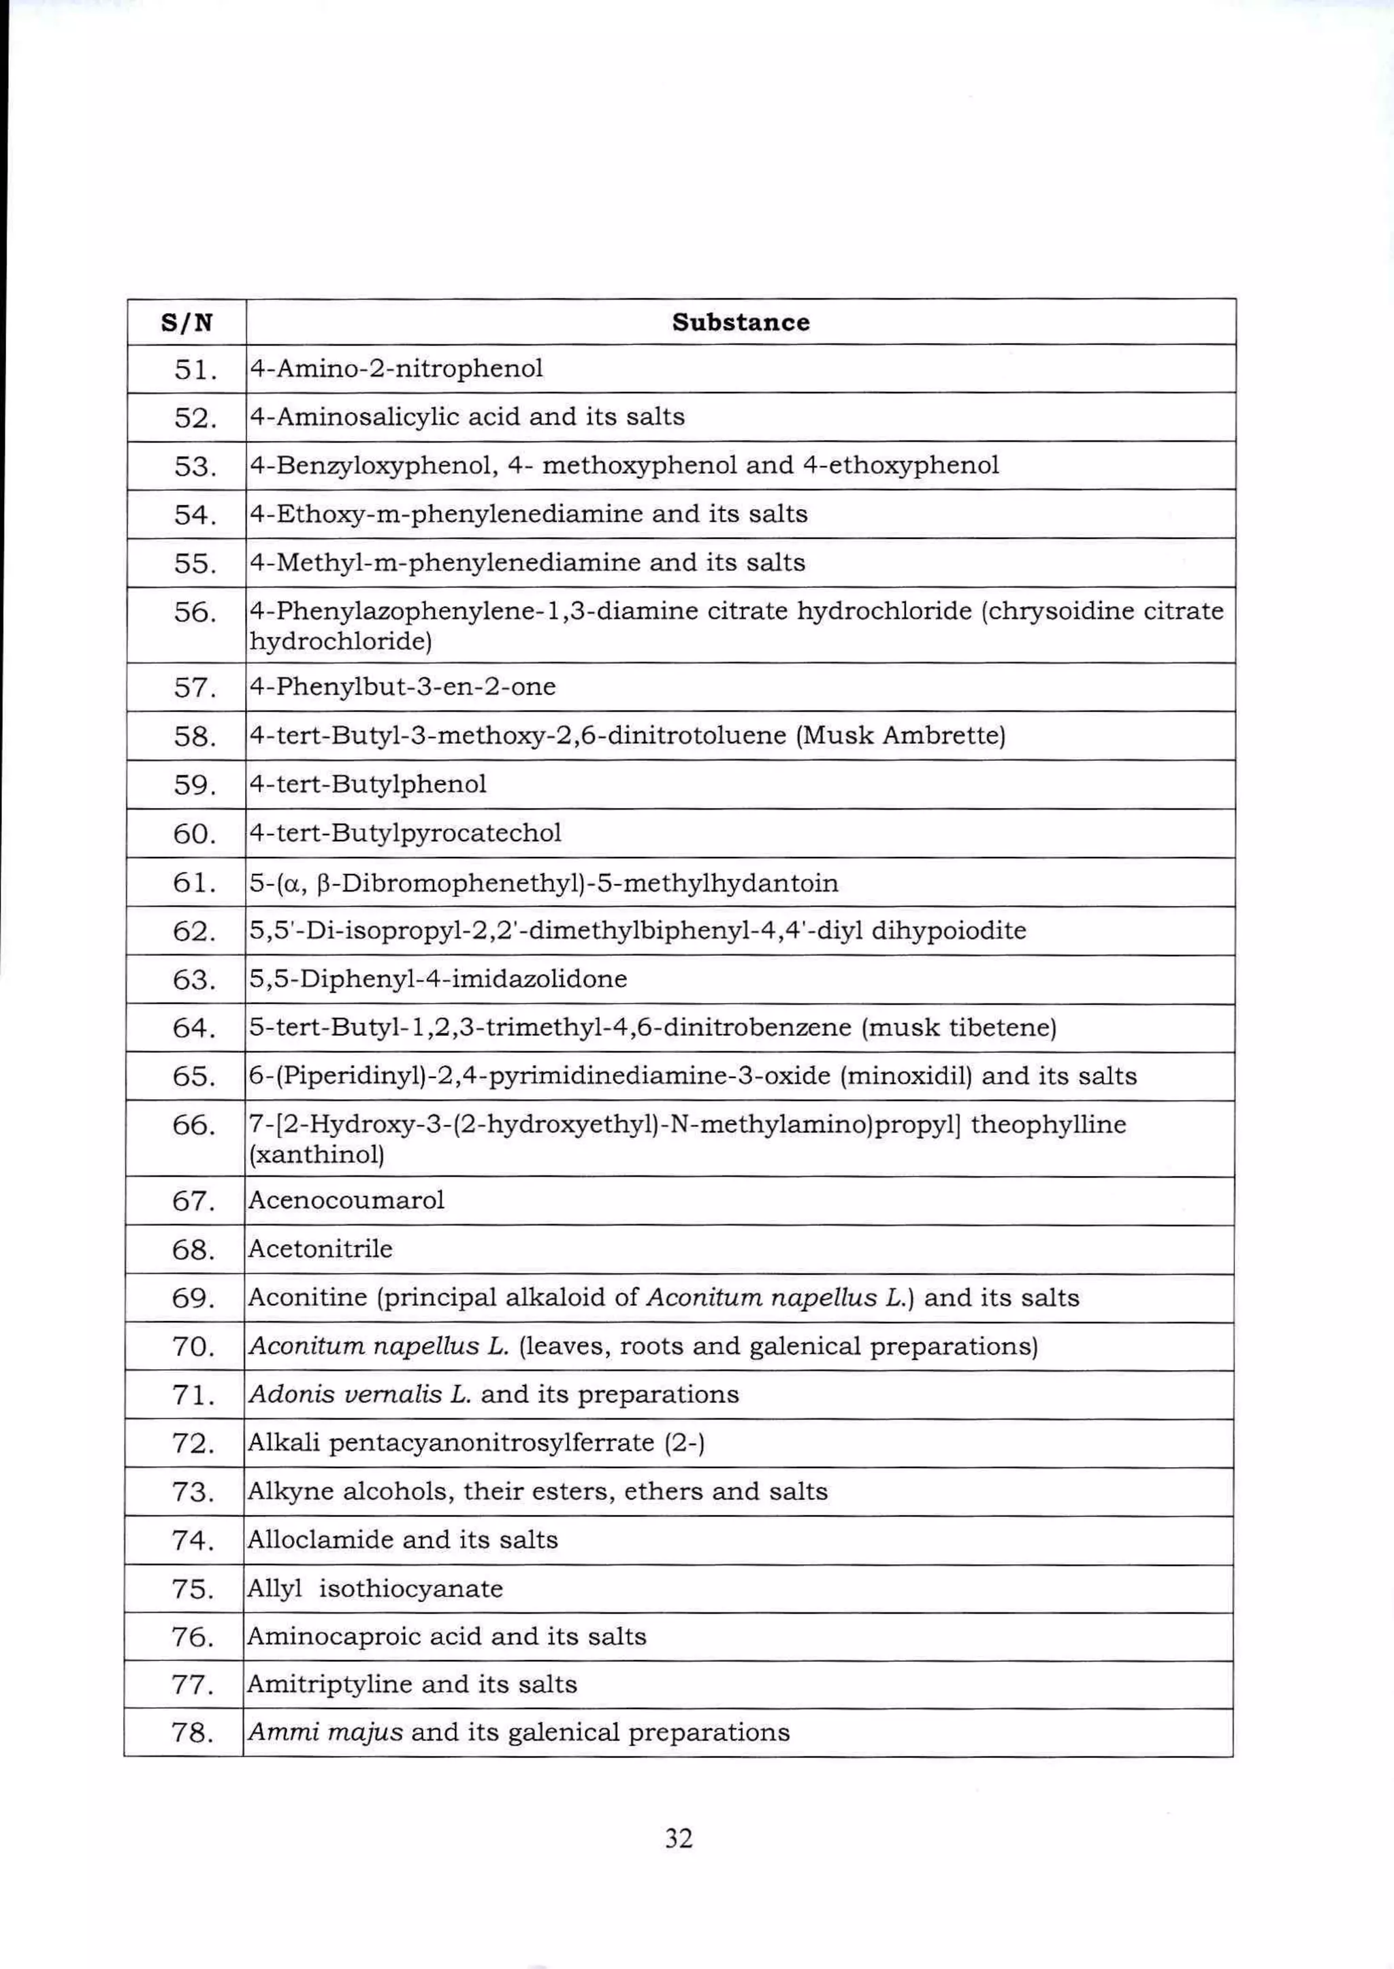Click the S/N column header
click(187, 323)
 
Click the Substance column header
click(740, 323)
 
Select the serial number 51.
click(194, 370)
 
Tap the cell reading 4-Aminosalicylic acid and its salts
click(467, 417)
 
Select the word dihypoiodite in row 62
click(948, 931)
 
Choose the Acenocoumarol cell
click(346, 1200)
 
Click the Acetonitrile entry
click(319, 1249)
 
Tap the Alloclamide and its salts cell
click(402, 1540)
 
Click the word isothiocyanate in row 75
click(411, 1589)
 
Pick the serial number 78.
click(193, 1733)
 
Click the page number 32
click(678, 1838)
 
